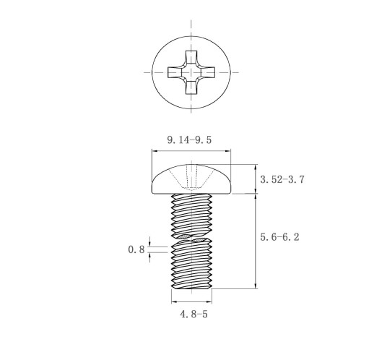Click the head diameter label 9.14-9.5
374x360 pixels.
189,140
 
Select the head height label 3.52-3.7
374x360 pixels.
282,179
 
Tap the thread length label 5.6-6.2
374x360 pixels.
280,237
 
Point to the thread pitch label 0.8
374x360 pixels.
136,249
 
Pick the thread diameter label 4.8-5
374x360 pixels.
193,314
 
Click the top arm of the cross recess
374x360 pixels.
191,57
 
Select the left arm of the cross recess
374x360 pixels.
175,72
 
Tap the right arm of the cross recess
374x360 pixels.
208,72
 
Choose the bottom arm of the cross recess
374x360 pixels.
191,87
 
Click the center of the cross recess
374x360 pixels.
191,72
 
